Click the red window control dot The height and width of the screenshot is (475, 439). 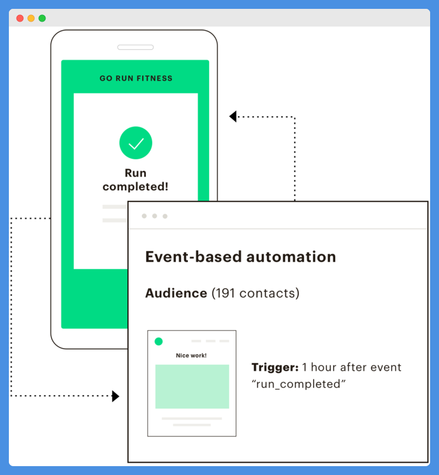(x=20, y=18)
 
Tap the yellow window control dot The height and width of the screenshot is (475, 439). (x=31, y=18)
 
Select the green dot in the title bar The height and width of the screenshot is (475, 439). (x=42, y=18)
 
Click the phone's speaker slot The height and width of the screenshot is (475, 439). (x=135, y=47)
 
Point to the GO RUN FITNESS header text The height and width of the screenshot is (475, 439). (x=136, y=79)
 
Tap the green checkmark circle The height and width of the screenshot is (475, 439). (x=136, y=143)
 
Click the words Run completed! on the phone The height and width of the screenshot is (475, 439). (x=135, y=180)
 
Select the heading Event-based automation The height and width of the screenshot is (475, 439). (x=241, y=257)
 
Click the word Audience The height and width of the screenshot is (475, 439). (x=176, y=293)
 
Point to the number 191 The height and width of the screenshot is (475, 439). (x=226, y=293)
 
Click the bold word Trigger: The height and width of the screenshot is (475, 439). (x=275, y=368)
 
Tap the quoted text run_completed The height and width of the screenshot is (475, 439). (x=299, y=384)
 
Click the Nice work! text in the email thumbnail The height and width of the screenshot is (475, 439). (x=191, y=355)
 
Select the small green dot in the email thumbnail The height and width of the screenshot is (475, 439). (x=159, y=342)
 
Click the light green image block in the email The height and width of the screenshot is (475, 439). (x=192, y=386)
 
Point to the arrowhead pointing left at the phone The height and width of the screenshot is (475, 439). (x=233, y=117)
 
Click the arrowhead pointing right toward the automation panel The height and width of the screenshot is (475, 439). (x=116, y=396)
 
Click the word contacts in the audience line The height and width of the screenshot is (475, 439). (x=267, y=293)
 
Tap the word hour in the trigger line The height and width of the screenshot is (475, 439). (x=323, y=368)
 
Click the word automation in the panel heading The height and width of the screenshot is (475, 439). (x=291, y=257)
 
